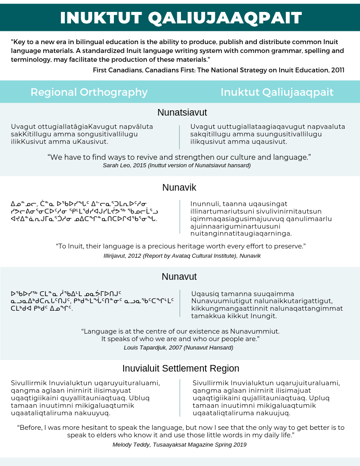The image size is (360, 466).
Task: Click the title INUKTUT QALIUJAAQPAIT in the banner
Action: click(x=181, y=18)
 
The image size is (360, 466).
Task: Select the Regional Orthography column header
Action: click(x=89, y=92)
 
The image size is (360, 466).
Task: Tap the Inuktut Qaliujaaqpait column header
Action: click(x=277, y=92)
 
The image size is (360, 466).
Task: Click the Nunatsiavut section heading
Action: click(x=182, y=112)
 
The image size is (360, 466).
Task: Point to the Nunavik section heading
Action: click(x=179, y=187)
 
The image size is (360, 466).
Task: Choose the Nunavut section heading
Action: click(x=179, y=277)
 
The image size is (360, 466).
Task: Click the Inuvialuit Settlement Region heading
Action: click(x=181, y=368)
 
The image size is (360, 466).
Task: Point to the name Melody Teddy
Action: click(x=131, y=445)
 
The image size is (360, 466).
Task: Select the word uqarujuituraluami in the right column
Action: click(x=305, y=383)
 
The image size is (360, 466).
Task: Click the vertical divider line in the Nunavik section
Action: click(x=180, y=217)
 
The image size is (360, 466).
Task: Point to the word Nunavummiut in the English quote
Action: click(x=257, y=331)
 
